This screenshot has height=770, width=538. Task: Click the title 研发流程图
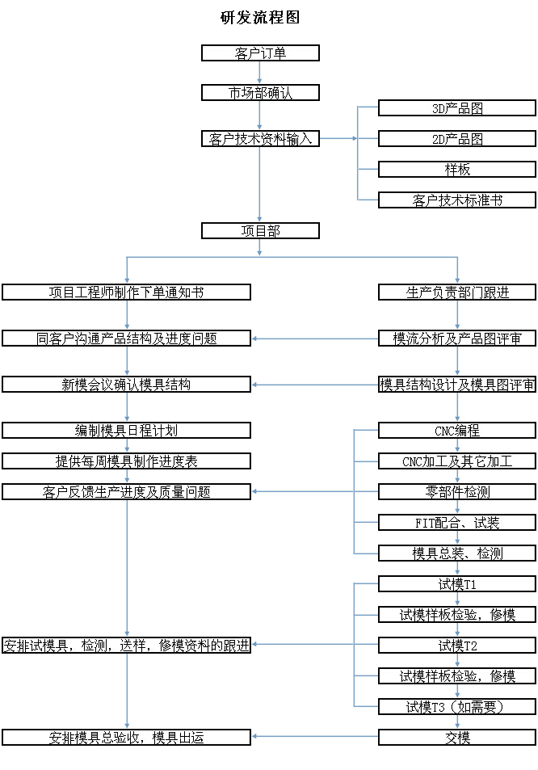(x=260, y=17)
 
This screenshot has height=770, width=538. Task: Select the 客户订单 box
(x=260, y=53)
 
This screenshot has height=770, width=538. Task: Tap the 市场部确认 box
(x=260, y=93)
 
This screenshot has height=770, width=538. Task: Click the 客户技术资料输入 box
(x=260, y=139)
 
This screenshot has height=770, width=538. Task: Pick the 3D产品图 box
(x=457, y=108)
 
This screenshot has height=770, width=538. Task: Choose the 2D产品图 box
(x=457, y=139)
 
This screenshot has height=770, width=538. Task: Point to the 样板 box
(x=457, y=170)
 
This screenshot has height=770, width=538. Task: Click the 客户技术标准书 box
(x=457, y=200)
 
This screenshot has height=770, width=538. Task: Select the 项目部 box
(x=260, y=231)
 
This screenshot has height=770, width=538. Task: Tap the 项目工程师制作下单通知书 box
(x=126, y=292)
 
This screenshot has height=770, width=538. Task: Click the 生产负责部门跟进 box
(x=457, y=292)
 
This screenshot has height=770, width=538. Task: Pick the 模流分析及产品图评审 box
(x=457, y=339)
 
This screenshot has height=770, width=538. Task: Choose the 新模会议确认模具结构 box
(x=126, y=385)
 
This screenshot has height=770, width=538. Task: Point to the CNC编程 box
(x=457, y=431)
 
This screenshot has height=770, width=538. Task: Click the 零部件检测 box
(x=457, y=491)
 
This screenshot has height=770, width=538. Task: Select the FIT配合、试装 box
(x=457, y=523)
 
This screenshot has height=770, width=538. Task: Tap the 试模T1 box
(x=457, y=583)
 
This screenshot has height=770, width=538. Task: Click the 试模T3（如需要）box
(x=457, y=707)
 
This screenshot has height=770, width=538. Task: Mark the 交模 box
(x=457, y=737)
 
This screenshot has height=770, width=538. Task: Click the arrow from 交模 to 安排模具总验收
(x=315, y=737)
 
